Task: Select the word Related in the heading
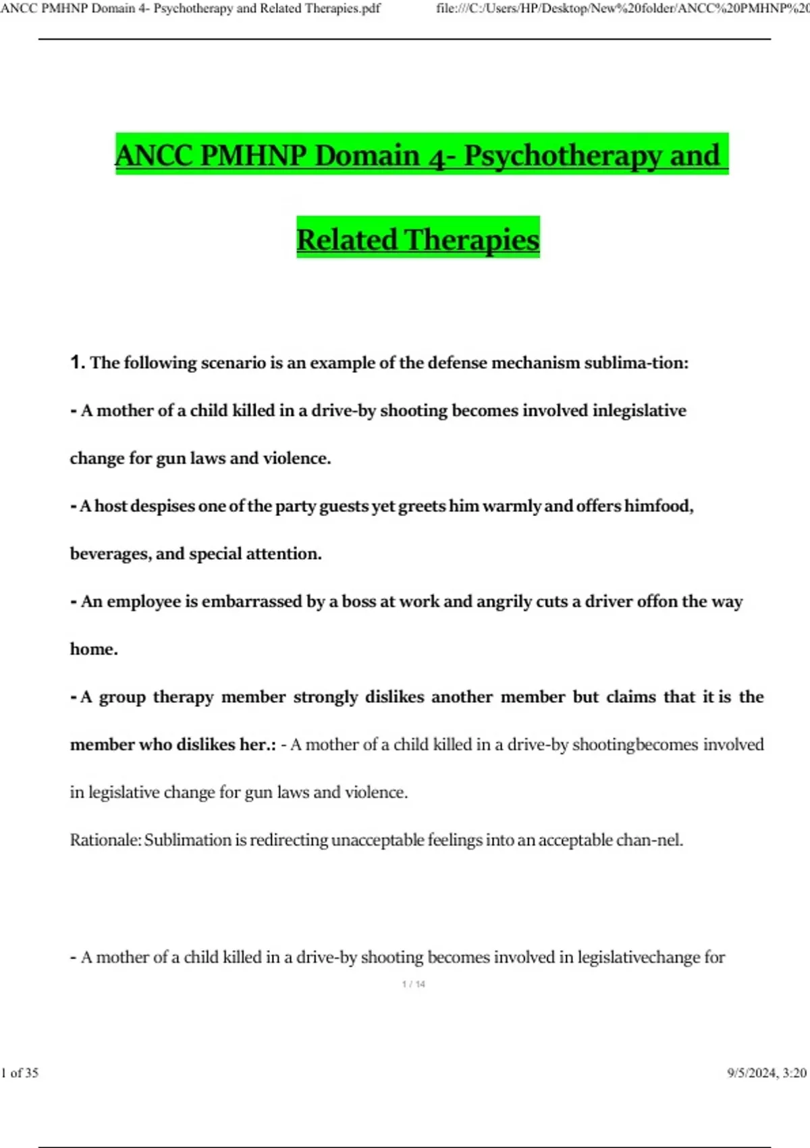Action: coord(347,240)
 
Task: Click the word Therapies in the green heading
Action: coord(472,240)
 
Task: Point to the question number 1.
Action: coord(77,363)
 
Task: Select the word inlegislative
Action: coord(639,411)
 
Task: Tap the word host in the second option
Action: coord(109,506)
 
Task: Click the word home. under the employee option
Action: coord(94,649)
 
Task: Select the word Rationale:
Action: coord(106,840)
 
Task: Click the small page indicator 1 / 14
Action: coord(413,985)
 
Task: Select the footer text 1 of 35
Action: coord(20,1072)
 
